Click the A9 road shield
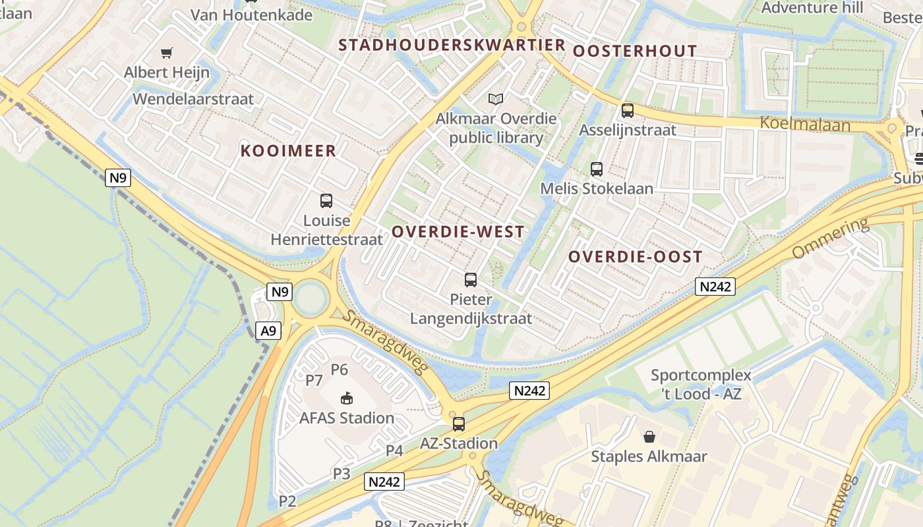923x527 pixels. (268, 330)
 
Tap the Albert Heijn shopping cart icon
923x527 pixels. (167, 53)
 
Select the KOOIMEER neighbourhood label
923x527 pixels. (288, 151)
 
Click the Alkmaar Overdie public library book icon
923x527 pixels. (496, 99)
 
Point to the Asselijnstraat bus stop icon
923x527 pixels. (628, 111)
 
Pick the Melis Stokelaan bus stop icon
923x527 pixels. (597, 169)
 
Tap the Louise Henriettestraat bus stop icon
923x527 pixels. (326, 201)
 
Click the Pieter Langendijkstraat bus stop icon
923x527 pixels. (471, 280)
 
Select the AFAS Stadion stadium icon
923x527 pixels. (347, 398)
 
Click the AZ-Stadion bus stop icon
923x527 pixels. (458, 424)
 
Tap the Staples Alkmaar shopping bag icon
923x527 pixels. (649, 437)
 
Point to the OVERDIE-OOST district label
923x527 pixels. (635, 257)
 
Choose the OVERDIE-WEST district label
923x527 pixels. (458, 232)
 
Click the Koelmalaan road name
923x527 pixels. (805, 123)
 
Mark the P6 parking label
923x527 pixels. (339, 369)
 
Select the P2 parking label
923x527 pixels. (287, 501)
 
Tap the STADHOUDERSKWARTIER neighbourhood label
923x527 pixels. (452, 45)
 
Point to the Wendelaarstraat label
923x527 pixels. (193, 99)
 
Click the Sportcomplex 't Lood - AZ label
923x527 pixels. (701, 385)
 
